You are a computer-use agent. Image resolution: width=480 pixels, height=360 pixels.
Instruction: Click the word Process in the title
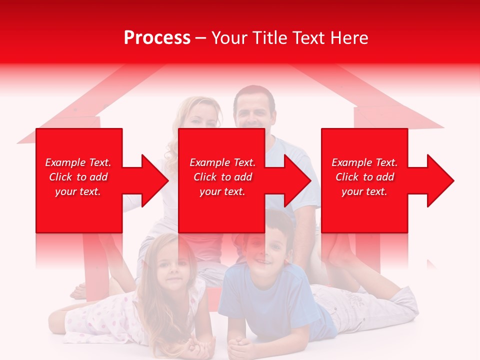[157, 38]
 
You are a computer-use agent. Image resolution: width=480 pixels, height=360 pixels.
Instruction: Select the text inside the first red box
[78, 177]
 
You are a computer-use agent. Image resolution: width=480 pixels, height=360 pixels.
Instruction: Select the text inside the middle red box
[222, 177]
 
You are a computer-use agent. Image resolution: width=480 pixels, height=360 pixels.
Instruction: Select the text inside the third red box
[364, 177]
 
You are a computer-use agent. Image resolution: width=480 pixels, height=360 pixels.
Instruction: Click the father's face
[255, 114]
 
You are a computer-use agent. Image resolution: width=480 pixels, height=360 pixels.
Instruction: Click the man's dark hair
[254, 93]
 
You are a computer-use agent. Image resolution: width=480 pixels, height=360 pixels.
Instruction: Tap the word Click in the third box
[347, 177]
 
